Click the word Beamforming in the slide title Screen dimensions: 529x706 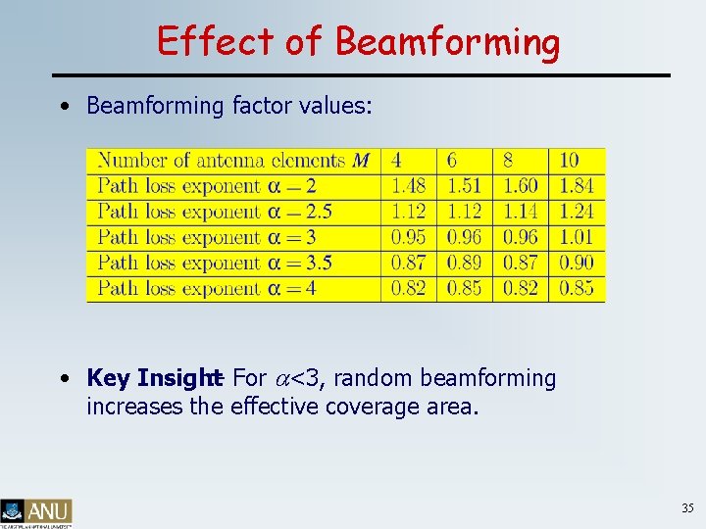point(447,42)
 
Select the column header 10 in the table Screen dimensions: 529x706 point(569,160)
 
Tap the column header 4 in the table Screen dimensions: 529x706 point(396,160)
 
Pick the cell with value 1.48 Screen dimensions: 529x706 point(407,186)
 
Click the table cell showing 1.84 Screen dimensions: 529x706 point(576,186)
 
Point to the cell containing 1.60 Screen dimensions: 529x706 point(520,186)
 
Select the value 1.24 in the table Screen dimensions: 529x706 point(576,212)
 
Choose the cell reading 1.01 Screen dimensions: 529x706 point(576,237)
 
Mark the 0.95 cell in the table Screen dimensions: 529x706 point(407,237)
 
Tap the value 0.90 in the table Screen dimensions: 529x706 point(576,263)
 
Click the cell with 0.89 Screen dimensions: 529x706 point(464,263)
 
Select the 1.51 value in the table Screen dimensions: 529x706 point(464,186)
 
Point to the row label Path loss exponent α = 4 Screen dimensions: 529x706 point(207,288)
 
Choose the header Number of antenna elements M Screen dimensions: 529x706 point(232,160)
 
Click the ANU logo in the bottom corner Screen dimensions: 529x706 point(36,511)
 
